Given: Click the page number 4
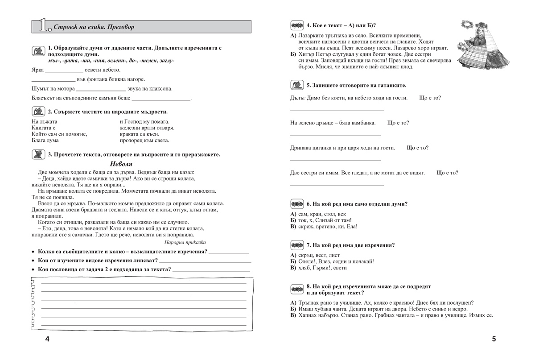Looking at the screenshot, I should (48, 339).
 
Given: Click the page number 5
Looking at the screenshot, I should (494, 339).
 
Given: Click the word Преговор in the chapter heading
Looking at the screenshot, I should (117, 27).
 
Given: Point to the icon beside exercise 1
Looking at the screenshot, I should (38, 49).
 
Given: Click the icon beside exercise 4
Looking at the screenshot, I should (296, 25).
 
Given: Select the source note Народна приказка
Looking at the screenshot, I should (185, 242).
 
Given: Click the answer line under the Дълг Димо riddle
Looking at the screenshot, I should (337, 110).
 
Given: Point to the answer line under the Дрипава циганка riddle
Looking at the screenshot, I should (335, 160).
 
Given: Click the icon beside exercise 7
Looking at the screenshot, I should (296, 245).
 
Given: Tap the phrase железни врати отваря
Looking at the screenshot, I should (147, 128).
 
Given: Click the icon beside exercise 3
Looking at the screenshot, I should (38, 154).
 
